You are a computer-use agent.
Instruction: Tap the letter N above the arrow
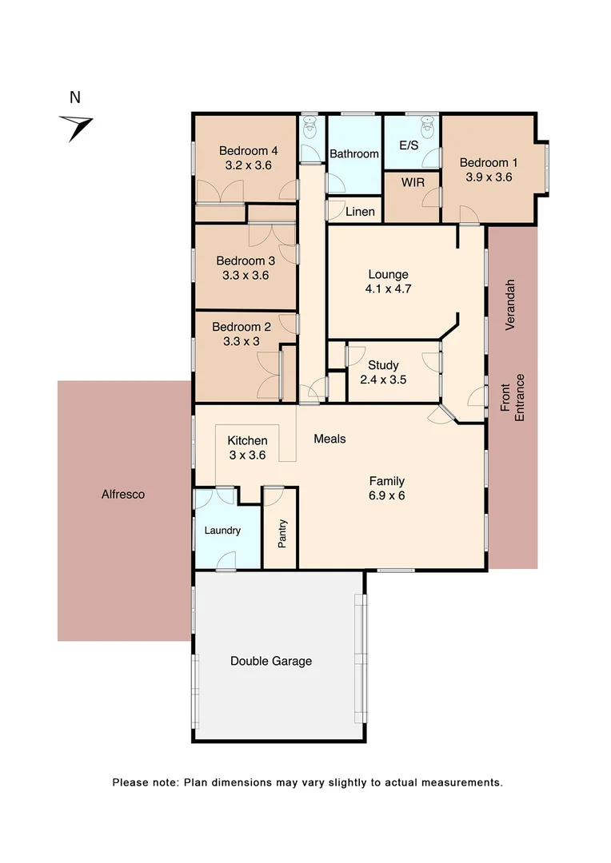tap(75, 98)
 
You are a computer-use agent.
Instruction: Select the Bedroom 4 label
tap(249, 150)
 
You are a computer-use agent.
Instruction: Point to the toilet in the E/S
tap(427, 125)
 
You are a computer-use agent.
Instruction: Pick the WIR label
tap(413, 183)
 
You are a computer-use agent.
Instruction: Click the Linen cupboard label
tap(360, 212)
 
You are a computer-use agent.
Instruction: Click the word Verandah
tap(510, 305)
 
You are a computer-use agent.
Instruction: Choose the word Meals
tap(329, 439)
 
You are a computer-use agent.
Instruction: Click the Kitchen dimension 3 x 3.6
tap(247, 455)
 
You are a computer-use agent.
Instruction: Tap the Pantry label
tap(282, 534)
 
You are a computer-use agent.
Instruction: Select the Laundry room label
tap(222, 531)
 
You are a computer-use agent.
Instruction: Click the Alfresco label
tap(123, 495)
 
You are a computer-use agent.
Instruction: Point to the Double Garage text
tap(271, 661)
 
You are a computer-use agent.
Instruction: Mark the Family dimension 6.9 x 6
tap(386, 495)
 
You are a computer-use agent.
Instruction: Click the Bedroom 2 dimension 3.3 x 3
tap(241, 341)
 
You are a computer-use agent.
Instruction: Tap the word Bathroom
tap(354, 153)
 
